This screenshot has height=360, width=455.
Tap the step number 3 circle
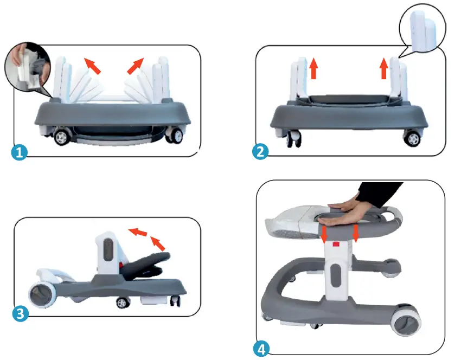pyautogui.click(x=20, y=313)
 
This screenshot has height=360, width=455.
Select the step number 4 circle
pyautogui.click(x=262, y=349)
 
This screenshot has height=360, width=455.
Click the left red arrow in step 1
pyautogui.click(x=93, y=66)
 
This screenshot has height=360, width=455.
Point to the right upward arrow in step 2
pyautogui.click(x=384, y=69)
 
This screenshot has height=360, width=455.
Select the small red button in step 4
pyautogui.click(x=336, y=245)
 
